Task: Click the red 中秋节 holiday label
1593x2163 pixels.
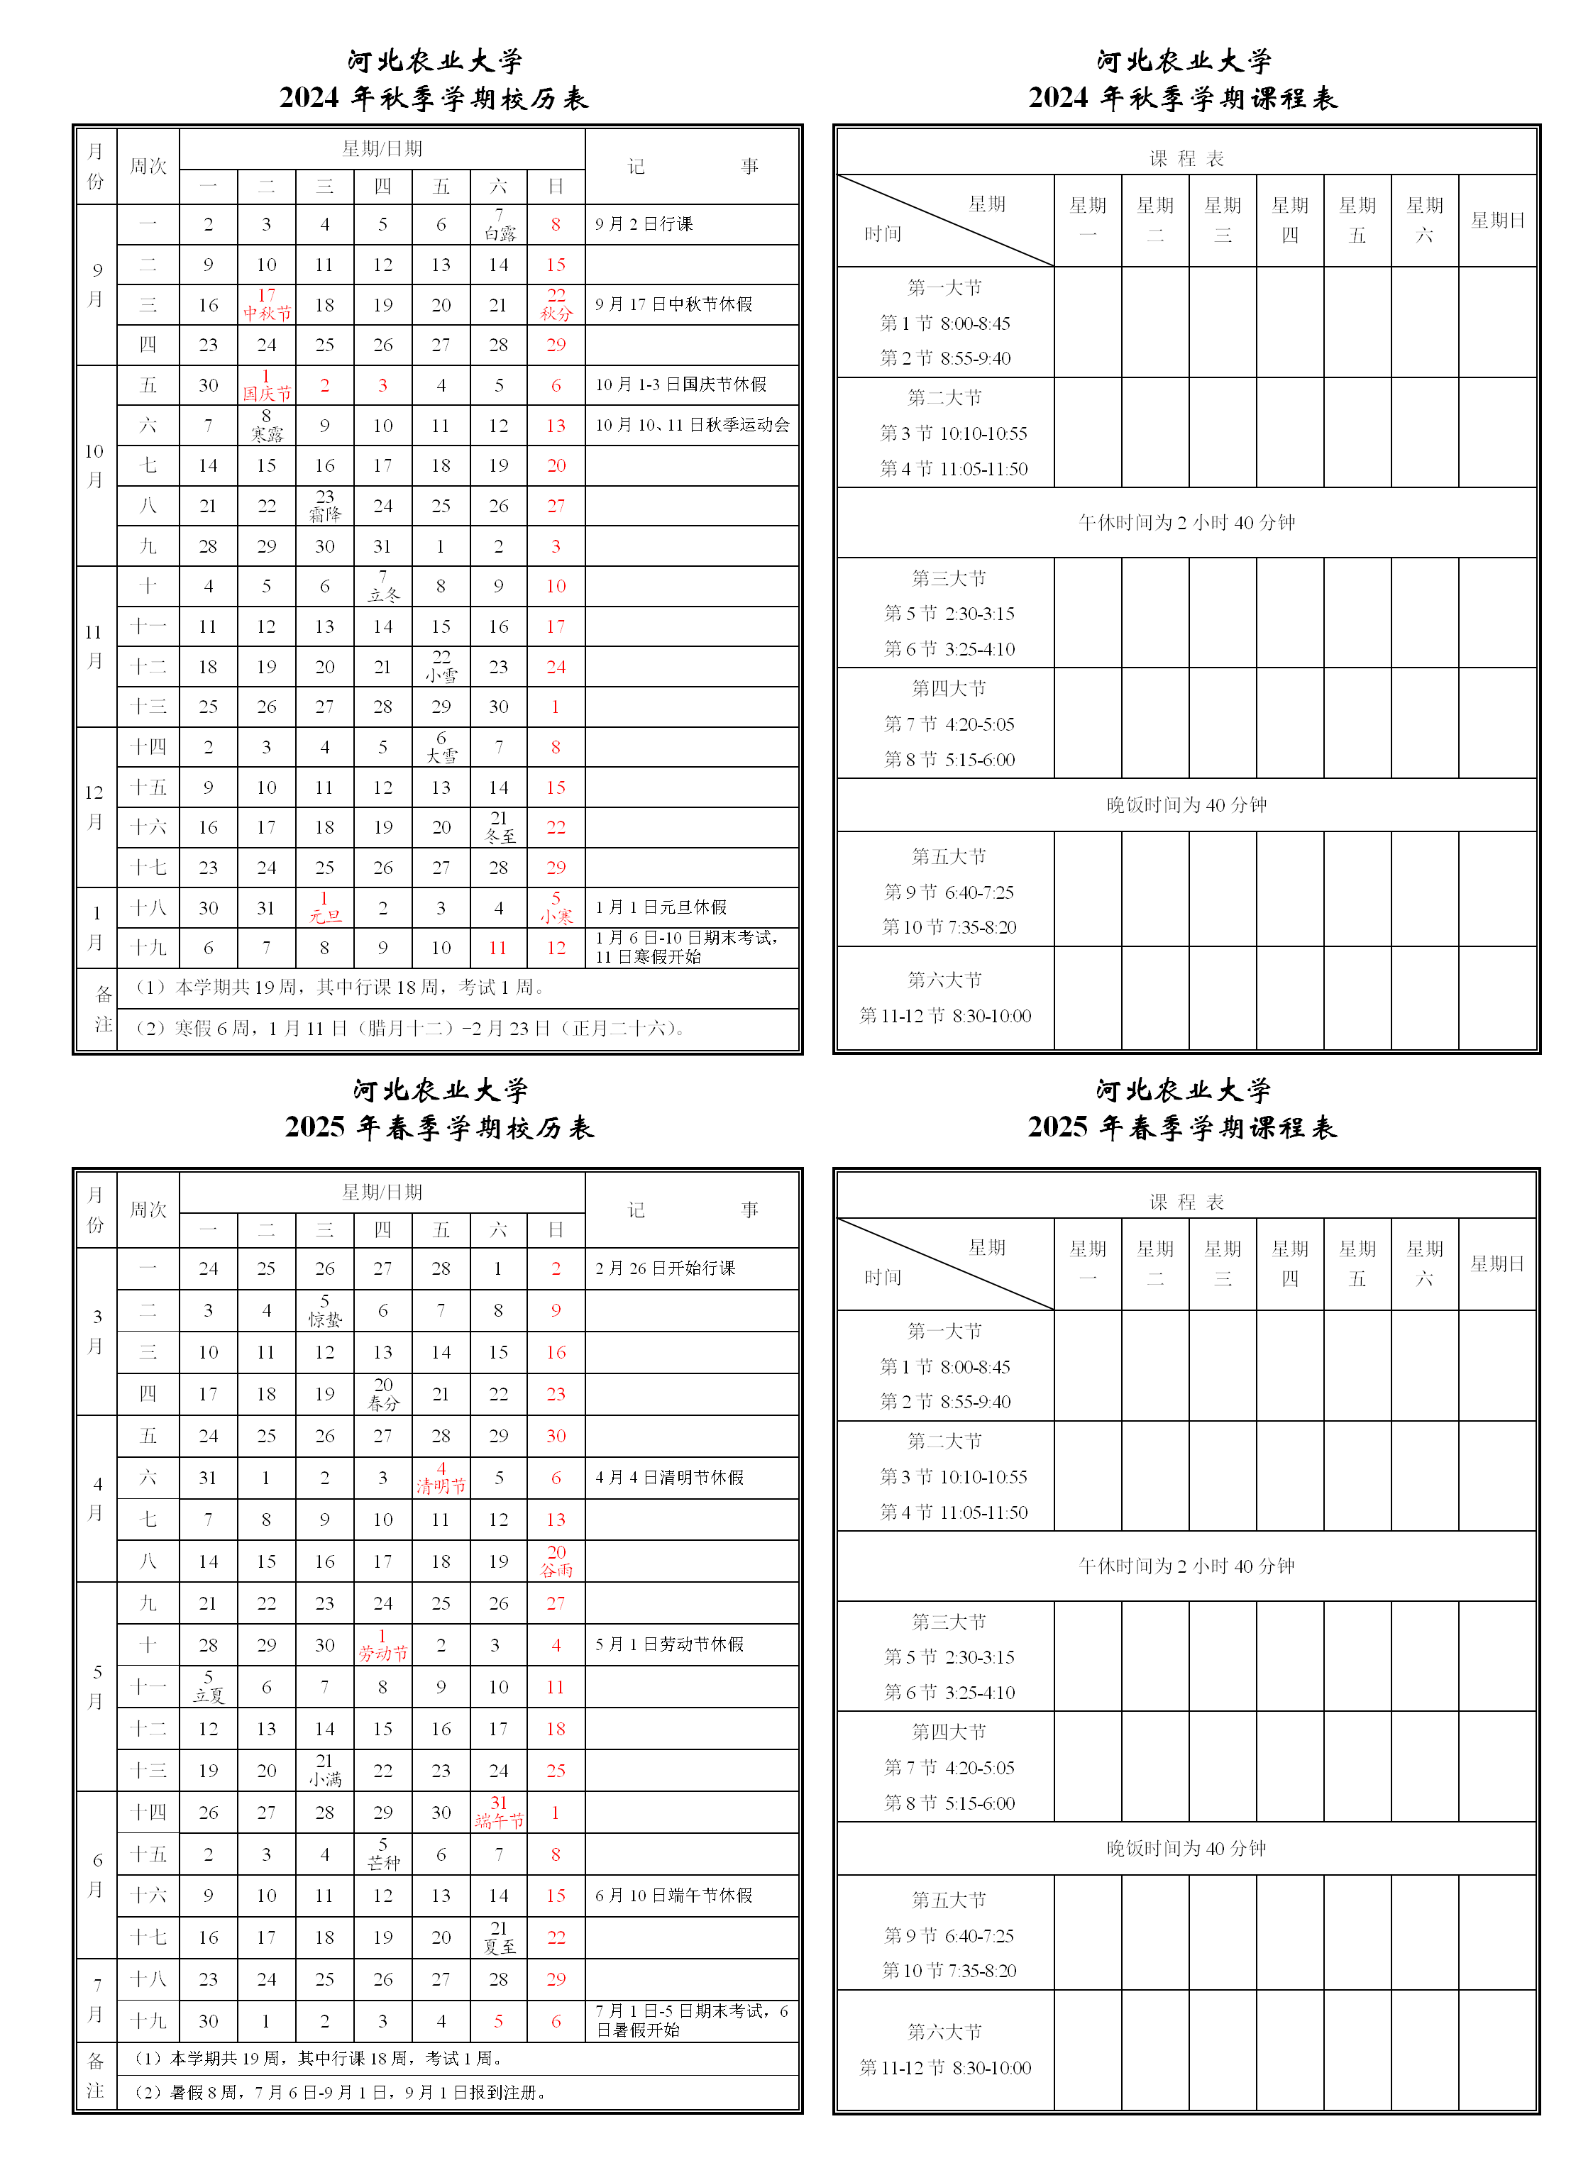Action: coord(267,314)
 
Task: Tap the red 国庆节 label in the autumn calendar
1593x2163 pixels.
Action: coord(267,393)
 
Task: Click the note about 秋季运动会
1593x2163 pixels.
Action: coord(693,425)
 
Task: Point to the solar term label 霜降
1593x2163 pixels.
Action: coord(325,515)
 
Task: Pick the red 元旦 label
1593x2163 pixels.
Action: coord(325,917)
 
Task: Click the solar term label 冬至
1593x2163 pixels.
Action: coord(500,836)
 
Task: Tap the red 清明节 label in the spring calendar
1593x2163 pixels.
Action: coord(441,1486)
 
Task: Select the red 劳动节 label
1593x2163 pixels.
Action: coord(383,1653)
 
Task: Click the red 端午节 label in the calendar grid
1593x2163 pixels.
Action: coord(499,1821)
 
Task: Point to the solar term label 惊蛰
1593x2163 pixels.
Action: coord(325,1320)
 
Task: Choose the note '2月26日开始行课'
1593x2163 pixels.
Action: coord(666,1268)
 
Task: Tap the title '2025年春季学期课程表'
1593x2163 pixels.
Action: coord(1182,1127)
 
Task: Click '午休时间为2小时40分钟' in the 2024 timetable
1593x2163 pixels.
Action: coord(1186,522)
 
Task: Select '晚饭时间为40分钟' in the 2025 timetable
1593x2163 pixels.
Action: coord(1186,1848)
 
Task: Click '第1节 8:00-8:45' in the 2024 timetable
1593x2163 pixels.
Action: coord(945,323)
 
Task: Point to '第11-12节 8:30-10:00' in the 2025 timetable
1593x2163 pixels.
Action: coord(945,2067)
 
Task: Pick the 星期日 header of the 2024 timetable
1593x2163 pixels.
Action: coord(1497,221)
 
